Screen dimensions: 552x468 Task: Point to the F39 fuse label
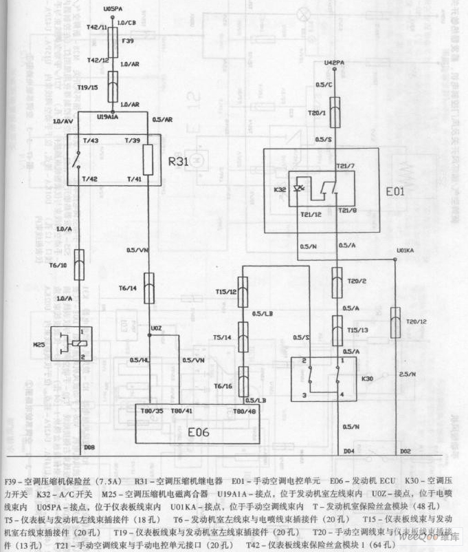(127, 41)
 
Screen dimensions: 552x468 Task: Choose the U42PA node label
(333, 64)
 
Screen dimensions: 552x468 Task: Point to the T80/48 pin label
(245, 411)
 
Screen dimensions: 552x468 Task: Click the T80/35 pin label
(151, 411)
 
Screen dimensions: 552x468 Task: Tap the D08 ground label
(89, 447)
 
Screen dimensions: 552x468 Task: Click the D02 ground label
(405, 452)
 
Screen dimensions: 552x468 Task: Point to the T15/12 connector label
(225, 290)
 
